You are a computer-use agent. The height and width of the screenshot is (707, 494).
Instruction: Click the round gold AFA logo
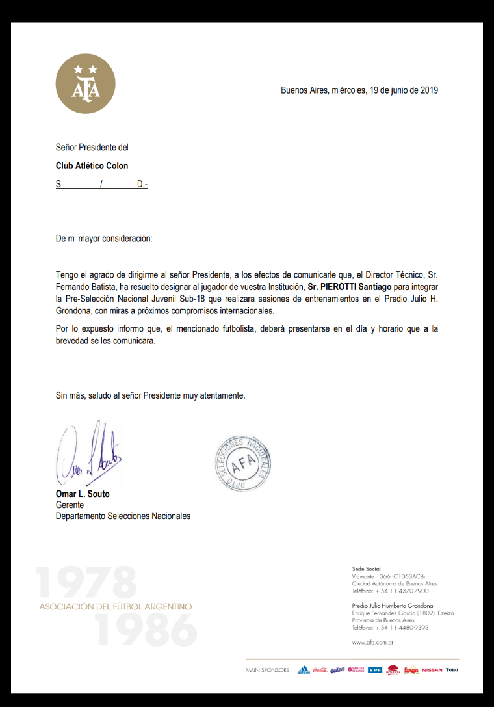[86, 84]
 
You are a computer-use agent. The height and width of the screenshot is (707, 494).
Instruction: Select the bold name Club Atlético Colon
[92, 166]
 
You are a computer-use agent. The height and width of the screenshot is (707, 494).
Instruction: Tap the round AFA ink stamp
[240, 462]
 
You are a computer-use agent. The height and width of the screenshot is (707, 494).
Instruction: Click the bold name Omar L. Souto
[83, 494]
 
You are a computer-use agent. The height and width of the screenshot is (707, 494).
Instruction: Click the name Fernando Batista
[81, 286]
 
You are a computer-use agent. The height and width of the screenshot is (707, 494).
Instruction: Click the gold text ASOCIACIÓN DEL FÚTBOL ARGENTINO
[116, 607]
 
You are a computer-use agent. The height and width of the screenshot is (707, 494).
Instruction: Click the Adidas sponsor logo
[304, 670]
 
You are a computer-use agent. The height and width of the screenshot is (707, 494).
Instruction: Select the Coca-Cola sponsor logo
[320, 670]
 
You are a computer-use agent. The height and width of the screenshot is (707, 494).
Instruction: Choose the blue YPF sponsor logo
[375, 670]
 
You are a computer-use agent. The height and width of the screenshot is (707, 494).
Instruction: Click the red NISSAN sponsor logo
[432, 670]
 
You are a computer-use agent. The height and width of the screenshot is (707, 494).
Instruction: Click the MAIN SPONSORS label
[267, 670]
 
